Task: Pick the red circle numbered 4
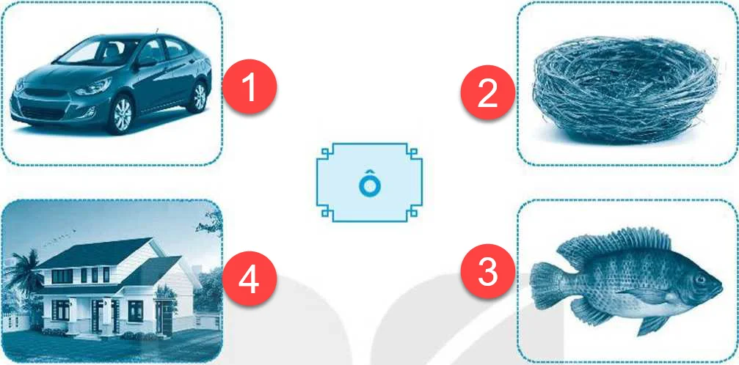(x=250, y=282)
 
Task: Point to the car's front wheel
(x=122, y=114)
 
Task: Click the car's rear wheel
(x=200, y=97)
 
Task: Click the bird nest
(x=625, y=88)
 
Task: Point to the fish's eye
(x=699, y=279)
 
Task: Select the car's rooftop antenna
(x=157, y=32)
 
